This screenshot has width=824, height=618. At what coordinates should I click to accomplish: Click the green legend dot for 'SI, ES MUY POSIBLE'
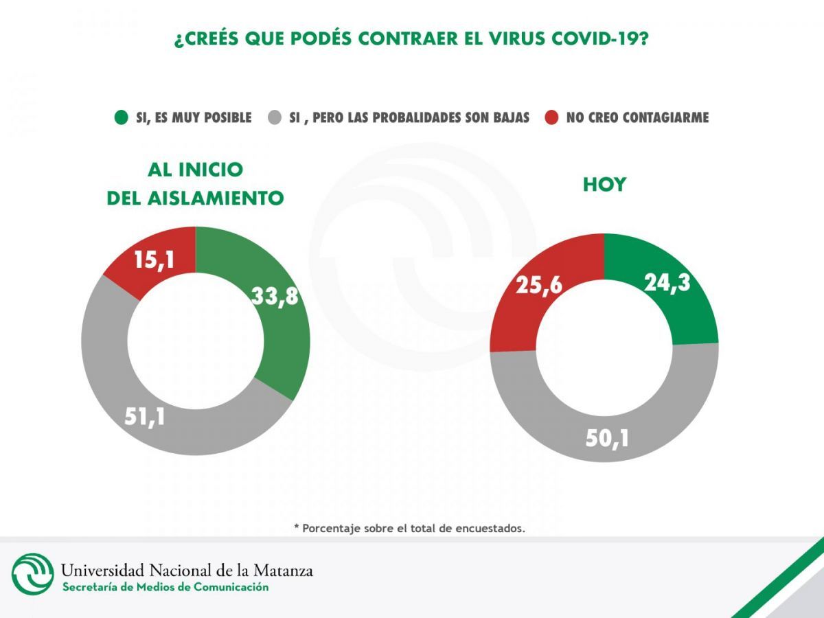121,117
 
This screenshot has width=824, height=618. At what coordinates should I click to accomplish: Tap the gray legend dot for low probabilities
275,117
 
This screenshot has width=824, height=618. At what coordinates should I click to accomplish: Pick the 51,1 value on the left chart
145,416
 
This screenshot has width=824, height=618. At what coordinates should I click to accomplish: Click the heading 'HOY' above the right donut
604,185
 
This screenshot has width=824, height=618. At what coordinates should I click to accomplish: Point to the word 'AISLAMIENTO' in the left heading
215,198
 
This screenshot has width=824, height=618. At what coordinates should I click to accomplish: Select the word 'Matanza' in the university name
283,570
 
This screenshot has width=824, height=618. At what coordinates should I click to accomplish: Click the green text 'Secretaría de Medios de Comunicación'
165,587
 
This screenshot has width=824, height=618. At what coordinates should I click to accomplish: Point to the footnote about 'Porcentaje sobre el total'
409,528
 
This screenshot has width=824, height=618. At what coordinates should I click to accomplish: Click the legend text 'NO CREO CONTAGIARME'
637,117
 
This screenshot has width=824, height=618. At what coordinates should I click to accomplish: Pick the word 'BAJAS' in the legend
508,117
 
